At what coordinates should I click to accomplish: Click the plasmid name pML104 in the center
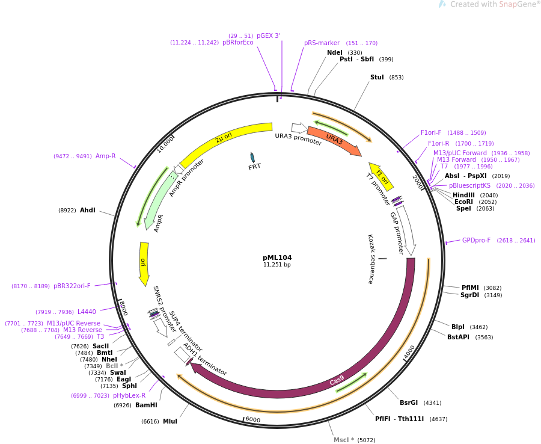pos(277,257)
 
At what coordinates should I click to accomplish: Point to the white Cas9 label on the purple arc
pos(337,380)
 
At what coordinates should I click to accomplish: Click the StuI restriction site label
pos(377,77)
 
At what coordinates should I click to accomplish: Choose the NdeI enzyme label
pos(335,52)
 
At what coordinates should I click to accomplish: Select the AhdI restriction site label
pos(88,210)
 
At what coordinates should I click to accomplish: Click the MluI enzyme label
pos(170,421)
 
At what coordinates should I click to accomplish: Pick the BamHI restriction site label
pos(146,405)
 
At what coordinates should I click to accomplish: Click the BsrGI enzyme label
pos(409,402)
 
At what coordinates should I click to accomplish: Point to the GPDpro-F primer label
pos(476,240)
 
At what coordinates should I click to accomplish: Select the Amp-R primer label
pos(106,156)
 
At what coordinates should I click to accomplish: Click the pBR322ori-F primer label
pos(72,286)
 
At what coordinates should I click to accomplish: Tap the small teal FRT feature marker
pos(252,157)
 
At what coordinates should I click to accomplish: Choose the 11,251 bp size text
pos(277,265)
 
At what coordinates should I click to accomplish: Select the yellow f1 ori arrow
pos(381,176)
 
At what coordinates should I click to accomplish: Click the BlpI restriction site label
pos(458,327)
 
